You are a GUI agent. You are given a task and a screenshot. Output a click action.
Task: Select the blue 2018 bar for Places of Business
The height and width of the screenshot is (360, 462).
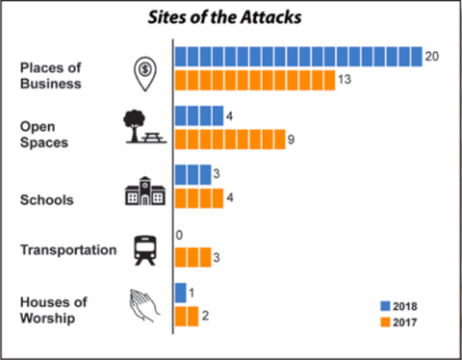tap(298, 56)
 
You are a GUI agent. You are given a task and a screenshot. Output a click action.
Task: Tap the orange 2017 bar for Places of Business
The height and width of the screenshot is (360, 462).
tap(255, 79)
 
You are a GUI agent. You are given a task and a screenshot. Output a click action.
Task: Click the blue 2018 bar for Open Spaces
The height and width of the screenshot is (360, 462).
tap(199, 116)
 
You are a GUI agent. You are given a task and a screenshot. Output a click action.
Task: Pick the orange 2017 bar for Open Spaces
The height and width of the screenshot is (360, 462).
tap(230, 139)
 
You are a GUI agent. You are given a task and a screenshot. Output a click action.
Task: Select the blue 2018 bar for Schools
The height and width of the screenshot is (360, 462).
tap(193, 174)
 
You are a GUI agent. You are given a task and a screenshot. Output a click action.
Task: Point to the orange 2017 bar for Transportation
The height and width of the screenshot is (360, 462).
tap(193, 257)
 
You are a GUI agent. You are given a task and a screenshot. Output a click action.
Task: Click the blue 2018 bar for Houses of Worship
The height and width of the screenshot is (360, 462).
tap(180, 292)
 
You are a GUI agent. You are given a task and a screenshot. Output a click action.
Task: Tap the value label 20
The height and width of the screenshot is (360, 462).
tap(431, 56)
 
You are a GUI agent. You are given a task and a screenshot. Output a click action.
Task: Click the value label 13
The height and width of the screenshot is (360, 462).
tap(344, 79)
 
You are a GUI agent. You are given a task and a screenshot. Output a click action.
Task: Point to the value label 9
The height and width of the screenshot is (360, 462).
tap(291, 139)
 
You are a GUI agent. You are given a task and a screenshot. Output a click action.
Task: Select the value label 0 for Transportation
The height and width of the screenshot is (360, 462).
tap(179, 235)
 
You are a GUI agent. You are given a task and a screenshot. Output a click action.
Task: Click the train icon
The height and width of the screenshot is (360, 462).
tap(145, 250)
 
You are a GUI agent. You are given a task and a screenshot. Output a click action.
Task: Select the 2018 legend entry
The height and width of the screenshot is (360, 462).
tap(399, 306)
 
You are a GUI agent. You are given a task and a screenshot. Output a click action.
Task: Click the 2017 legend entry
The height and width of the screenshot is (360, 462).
tap(399, 322)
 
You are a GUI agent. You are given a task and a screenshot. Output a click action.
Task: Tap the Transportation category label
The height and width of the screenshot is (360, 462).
tap(68, 250)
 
